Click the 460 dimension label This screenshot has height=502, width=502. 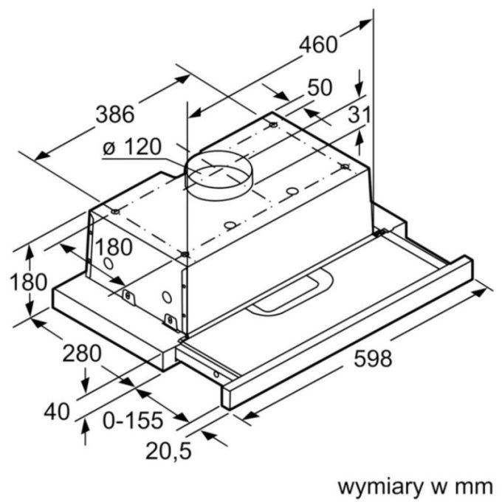tap(317, 44)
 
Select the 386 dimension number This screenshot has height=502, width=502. tap(116, 114)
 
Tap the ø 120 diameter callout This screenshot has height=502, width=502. tap(132, 147)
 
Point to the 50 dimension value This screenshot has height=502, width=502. tap(319, 88)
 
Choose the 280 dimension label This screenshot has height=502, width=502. tap(81, 354)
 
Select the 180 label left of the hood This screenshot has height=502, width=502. tap(29, 281)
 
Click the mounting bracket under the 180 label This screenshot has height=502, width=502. tap(130, 295)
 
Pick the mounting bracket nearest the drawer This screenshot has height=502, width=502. tap(172, 322)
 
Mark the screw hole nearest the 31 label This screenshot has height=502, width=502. tap(344, 167)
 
